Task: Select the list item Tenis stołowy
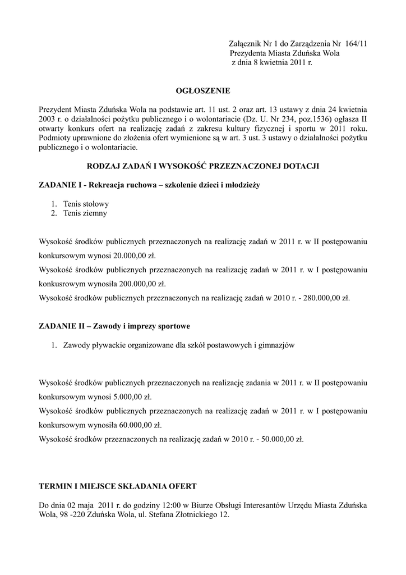click(86, 204)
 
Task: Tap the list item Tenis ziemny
click(85, 213)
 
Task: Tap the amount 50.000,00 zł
click(280, 439)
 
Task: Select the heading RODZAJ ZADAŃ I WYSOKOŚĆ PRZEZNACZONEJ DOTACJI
click(202, 167)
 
